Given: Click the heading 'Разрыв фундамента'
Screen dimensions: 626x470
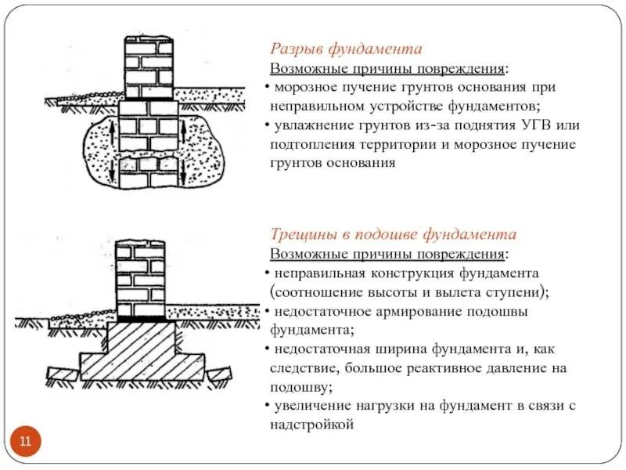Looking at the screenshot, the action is (347, 49).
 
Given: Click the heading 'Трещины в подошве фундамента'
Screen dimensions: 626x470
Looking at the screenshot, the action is (394, 234).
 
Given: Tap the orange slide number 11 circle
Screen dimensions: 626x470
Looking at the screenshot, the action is (25, 442).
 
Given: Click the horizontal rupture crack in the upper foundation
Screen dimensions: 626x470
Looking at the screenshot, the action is (149, 154).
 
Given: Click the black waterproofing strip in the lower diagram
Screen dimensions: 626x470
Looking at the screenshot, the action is (142, 319).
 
